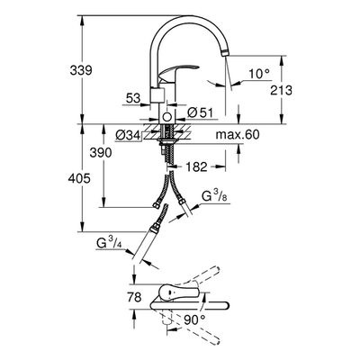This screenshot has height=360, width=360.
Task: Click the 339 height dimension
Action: click(81, 71)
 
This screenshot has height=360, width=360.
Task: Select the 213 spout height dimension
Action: click(281, 90)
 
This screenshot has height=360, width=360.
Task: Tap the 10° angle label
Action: click(259, 74)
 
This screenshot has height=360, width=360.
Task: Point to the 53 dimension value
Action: click(133, 98)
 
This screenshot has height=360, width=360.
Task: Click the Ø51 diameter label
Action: click(200, 113)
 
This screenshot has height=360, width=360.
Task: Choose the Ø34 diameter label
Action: click(128, 136)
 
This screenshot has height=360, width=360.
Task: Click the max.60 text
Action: click(238, 135)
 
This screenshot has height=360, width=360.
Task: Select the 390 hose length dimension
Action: click(101, 153)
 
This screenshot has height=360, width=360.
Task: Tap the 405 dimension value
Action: click(79, 179)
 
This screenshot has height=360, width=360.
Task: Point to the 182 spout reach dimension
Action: click(196, 166)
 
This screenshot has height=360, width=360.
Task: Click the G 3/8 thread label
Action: click(214, 196)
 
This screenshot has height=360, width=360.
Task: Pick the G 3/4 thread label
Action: click(109, 243)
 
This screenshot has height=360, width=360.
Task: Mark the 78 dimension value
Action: click(134, 298)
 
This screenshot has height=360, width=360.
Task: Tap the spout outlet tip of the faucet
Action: click(225, 54)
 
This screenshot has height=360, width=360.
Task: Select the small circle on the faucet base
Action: click(167, 116)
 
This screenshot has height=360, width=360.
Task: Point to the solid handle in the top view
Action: click(179, 292)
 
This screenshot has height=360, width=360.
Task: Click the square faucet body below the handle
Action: click(157, 95)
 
